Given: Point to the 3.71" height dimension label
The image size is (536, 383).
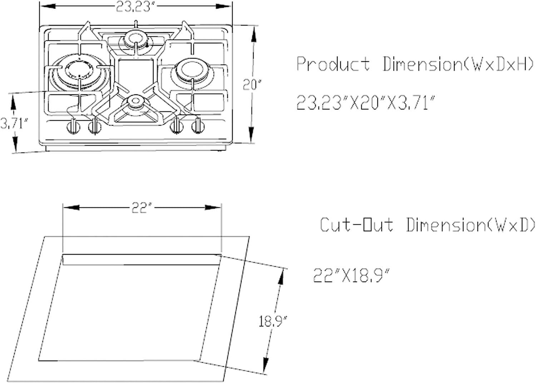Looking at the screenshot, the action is tap(14, 124).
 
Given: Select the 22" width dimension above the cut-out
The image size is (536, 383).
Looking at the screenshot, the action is tap(142, 208).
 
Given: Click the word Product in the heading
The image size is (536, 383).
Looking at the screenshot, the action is tap(333, 64).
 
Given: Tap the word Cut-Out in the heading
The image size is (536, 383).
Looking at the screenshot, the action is tap(357, 225).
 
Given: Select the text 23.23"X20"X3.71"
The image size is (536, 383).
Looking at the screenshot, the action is tap(366, 103).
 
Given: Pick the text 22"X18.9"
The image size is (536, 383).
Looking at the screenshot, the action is tap(352, 275).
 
